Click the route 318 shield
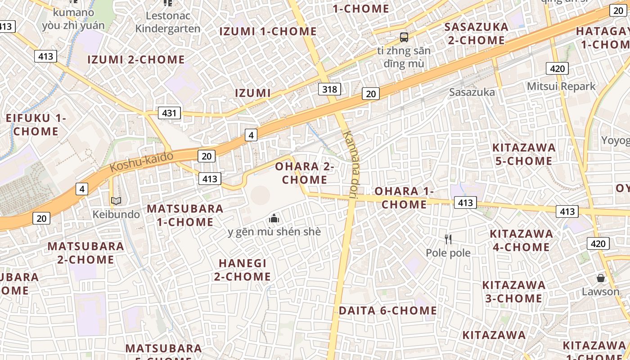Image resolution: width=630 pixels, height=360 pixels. pyautogui.click(x=329, y=89)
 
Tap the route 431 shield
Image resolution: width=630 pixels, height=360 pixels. pyautogui.click(x=169, y=113)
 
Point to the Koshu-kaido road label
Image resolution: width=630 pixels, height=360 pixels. pyautogui.click(x=142, y=162)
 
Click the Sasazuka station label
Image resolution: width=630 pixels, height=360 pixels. pyautogui.click(x=472, y=92)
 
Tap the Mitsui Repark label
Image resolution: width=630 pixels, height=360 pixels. pyautogui.click(x=561, y=86)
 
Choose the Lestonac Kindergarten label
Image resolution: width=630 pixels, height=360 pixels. pyautogui.click(x=168, y=22)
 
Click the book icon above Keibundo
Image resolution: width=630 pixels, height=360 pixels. pyautogui.click(x=116, y=201)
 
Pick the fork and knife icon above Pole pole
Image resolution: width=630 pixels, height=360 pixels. pyautogui.click(x=448, y=239)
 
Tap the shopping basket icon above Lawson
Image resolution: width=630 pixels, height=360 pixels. pyautogui.click(x=600, y=278)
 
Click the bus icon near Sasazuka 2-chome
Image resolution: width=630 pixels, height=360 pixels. pyautogui.click(x=404, y=37)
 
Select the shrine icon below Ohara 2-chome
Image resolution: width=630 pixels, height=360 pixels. pyautogui.click(x=274, y=219)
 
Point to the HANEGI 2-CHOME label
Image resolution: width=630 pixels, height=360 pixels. pyautogui.click(x=243, y=270)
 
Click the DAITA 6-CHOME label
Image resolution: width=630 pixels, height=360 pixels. pyautogui.click(x=387, y=310)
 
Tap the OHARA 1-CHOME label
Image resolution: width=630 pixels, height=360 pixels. pyautogui.click(x=404, y=198)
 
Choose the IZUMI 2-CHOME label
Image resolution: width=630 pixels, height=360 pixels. pyautogui.click(x=136, y=59)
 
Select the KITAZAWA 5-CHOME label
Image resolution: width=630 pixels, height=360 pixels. pyautogui.click(x=524, y=154)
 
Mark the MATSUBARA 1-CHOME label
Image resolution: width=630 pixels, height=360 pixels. pyautogui.click(x=185, y=215)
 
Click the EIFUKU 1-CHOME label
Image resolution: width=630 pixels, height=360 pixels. pyautogui.click(x=36, y=125)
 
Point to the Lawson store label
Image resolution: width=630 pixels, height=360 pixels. pyautogui.click(x=600, y=292)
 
